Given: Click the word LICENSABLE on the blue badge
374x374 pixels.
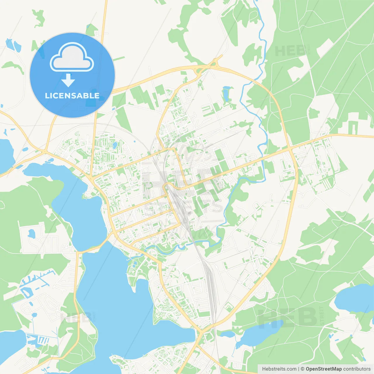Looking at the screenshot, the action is (72, 96).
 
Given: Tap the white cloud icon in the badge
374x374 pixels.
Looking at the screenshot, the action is (72, 57).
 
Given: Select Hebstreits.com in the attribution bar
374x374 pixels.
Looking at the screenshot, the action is (279, 369).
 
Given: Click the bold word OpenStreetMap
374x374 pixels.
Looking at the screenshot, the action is (323, 369).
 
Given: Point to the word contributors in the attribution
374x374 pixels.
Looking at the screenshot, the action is (357, 369).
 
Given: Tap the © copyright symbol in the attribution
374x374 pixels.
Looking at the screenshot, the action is (302, 369).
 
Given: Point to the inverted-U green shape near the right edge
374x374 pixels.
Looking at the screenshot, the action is (354, 127).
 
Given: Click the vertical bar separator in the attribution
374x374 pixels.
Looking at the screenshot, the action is (298, 369).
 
